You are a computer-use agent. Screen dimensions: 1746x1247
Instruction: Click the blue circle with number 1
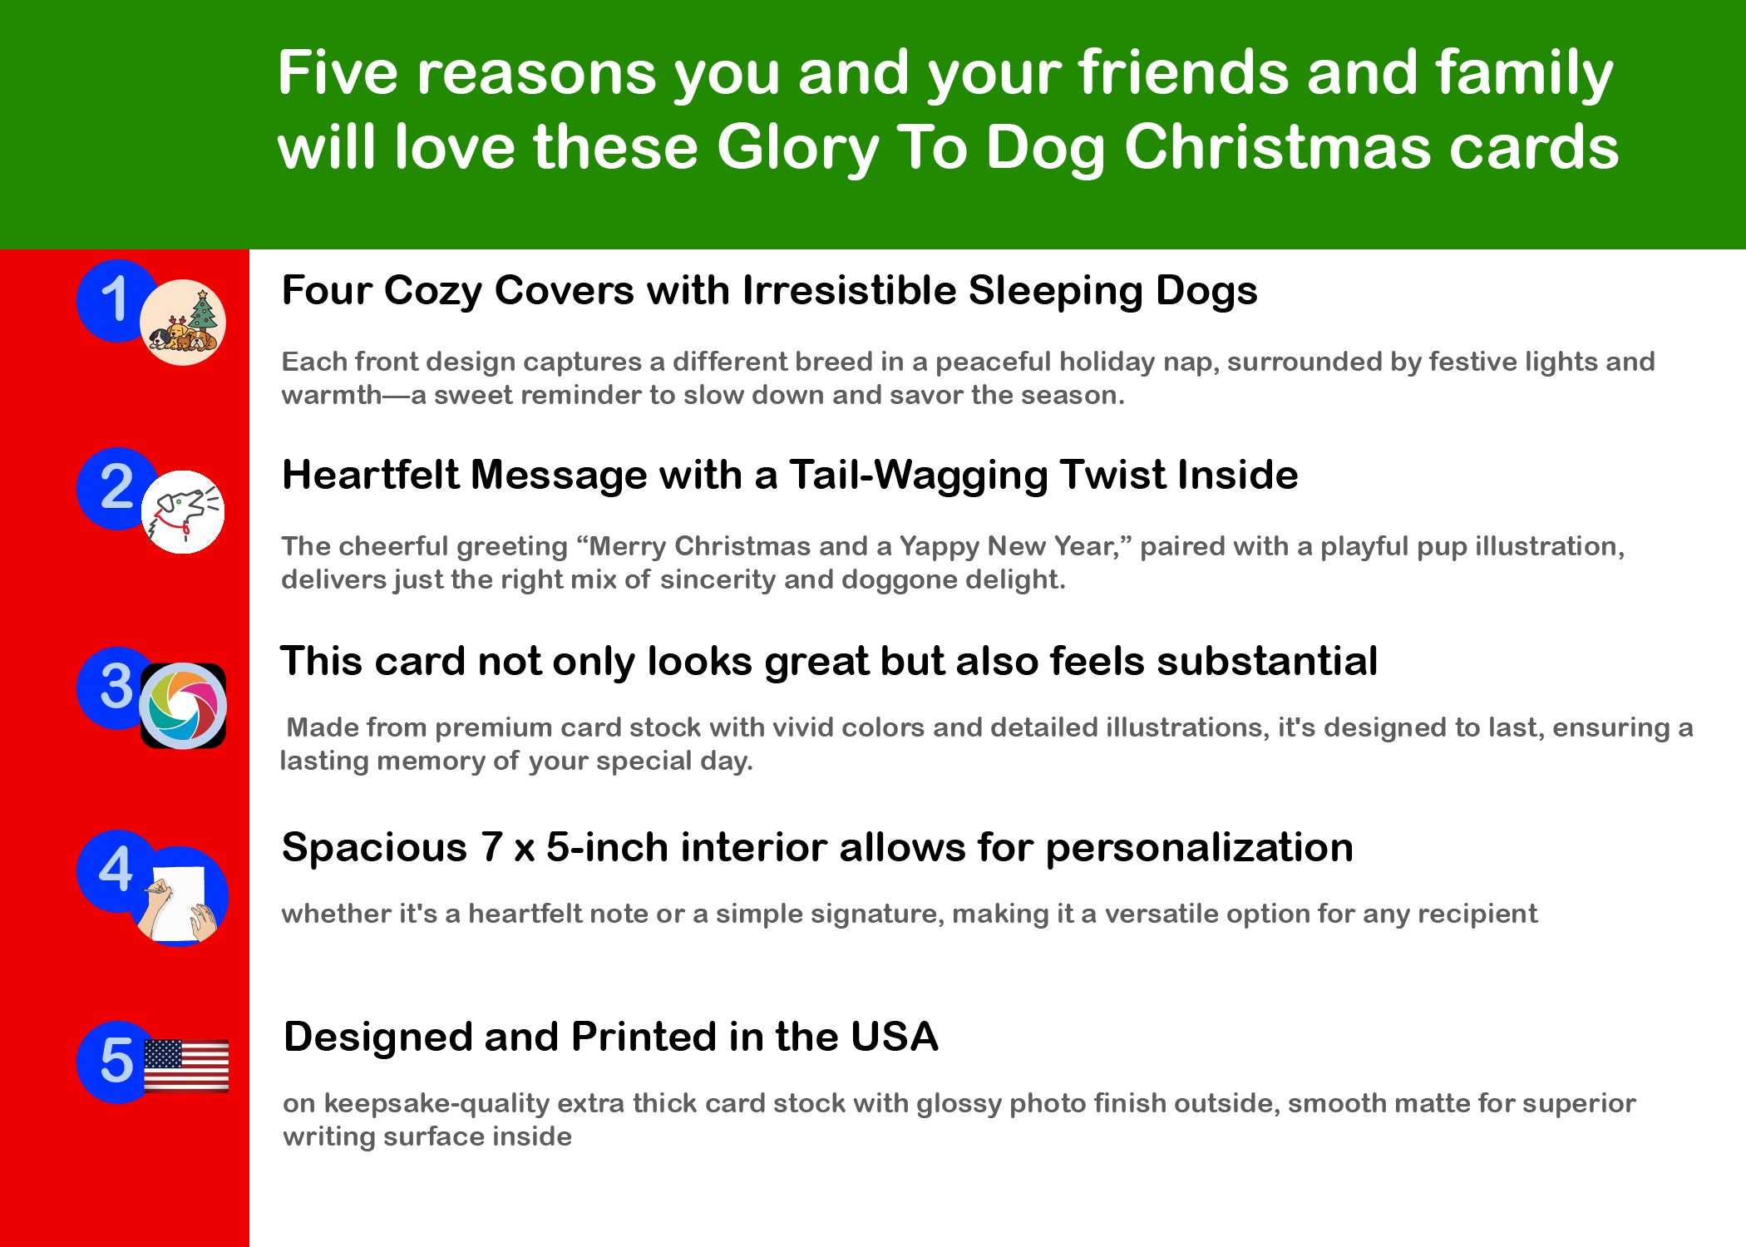click(x=112, y=300)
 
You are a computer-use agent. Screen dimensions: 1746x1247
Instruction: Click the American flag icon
click(x=186, y=1065)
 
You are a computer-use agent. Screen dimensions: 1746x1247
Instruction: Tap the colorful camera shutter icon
click(x=183, y=706)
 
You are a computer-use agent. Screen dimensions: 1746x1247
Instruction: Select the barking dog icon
click(x=183, y=511)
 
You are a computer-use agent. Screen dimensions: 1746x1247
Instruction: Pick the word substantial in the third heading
click(x=1267, y=662)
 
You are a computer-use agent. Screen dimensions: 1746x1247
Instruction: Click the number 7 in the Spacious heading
click(x=491, y=848)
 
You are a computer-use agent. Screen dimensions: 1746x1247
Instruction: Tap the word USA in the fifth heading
click(x=895, y=1038)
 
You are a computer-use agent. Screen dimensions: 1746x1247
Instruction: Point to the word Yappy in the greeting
click(x=941, y=547)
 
